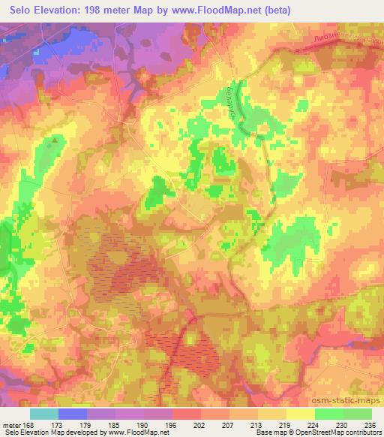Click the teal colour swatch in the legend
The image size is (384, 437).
click(x=44, y=414)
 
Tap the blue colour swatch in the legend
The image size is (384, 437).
click(x=73, y=414)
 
